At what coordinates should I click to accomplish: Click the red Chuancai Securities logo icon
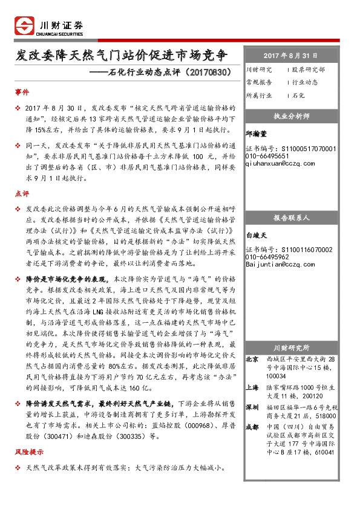25,27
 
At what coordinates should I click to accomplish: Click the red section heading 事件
21,92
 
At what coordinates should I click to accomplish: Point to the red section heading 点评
21,193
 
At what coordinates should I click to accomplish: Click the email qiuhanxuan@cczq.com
280,163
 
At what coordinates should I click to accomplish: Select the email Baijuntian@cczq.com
280,264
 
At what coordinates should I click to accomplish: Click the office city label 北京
253,360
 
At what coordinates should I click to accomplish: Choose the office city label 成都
253,427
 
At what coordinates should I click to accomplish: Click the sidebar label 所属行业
259,96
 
